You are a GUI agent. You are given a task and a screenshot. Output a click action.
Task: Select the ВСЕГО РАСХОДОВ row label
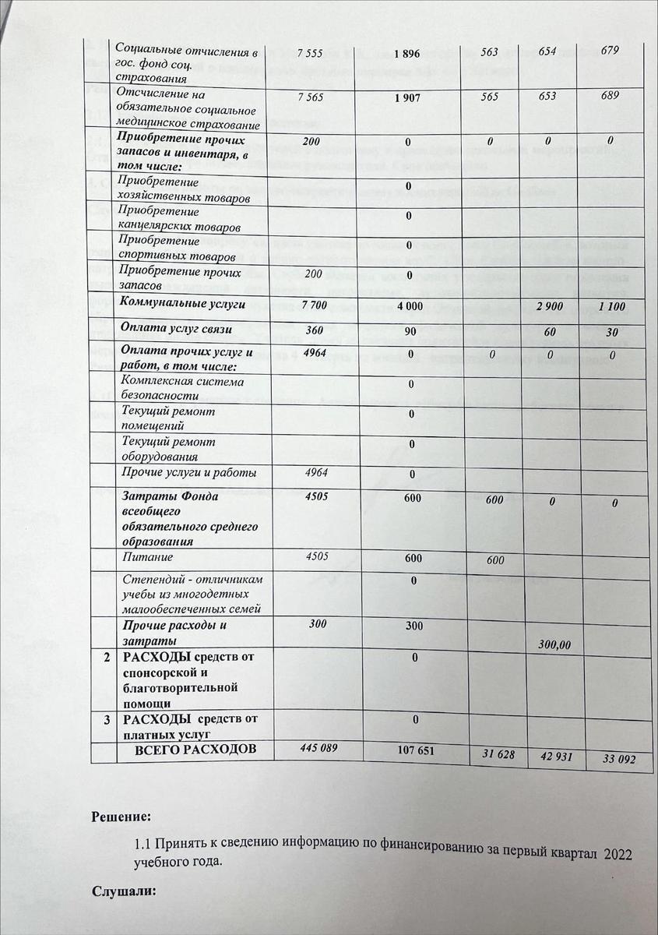click(x=185, y=750)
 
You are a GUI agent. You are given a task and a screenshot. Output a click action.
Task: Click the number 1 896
click(x=407, y=53)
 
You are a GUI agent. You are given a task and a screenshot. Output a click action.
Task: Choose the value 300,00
click(x=554, y=644)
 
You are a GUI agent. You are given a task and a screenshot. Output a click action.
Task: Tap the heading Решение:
click(x=121, y=817)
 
